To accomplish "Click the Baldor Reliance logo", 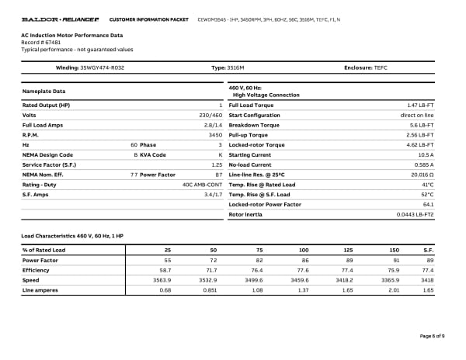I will [x=60, y=18].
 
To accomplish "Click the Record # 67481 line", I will [x=40, y=43].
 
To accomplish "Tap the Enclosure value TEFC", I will [x=381, y=68].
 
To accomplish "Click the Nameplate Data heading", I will [x=43, y=92].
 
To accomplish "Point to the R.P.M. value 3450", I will [x=216, y=134].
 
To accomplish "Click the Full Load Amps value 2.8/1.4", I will [x=213, y=124].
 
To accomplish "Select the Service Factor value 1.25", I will [x=217, y=164].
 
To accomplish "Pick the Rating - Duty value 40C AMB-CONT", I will [x=202, y=185].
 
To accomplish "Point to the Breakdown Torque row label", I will [x=254, y=124].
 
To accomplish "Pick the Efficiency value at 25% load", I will [x=165, y=269].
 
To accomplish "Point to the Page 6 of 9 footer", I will [x=432, y=335].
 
